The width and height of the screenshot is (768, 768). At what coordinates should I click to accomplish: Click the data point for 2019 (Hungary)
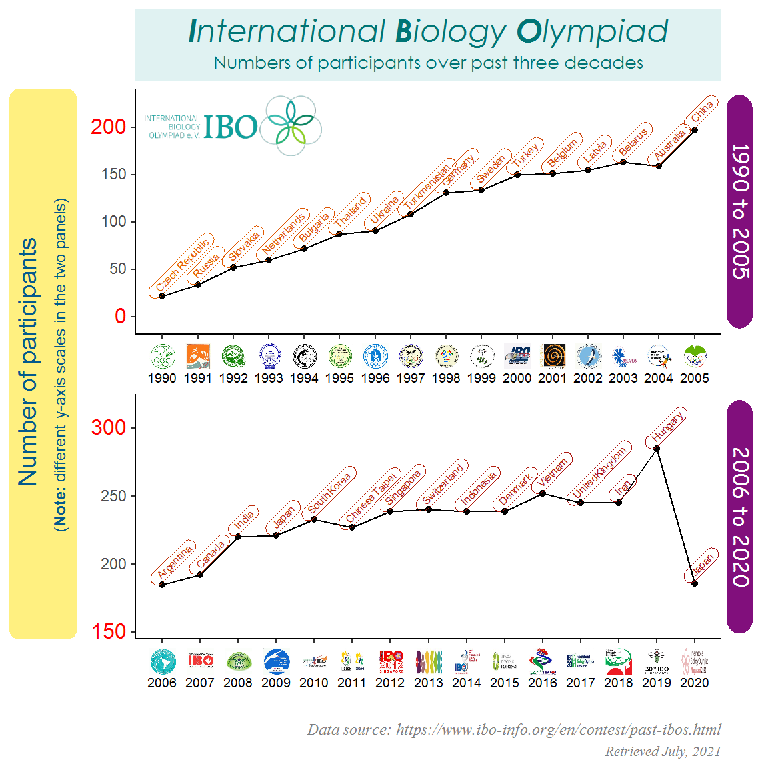[657, 449]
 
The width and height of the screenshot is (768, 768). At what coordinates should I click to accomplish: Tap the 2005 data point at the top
[695, 130]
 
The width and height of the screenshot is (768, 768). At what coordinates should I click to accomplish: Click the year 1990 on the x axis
[162, 378]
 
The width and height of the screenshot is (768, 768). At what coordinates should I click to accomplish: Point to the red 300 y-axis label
[109, 427]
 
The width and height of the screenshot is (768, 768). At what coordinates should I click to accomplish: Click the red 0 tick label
[120, 316]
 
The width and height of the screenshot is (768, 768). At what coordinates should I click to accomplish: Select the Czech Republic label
[182, 266]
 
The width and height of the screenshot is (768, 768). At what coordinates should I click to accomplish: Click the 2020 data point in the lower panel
[695, 583]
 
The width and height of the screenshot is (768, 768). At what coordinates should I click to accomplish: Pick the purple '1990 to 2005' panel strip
[739, 211]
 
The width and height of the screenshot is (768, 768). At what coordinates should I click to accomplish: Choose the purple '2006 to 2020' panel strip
[739, 517]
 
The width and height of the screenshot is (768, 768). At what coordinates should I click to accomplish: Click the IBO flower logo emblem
[290, 125]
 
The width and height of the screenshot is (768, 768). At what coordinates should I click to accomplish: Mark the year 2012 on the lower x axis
[390, 683]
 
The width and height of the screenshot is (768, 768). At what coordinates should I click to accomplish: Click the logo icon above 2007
[200, 661]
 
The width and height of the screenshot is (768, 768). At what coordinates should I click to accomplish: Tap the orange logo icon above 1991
[198, 357]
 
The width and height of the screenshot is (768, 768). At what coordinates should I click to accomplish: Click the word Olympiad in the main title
[592, 32]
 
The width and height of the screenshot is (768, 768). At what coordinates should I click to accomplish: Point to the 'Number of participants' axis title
[28, 362]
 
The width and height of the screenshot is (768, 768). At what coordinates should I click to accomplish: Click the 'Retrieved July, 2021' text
[663, 751]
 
